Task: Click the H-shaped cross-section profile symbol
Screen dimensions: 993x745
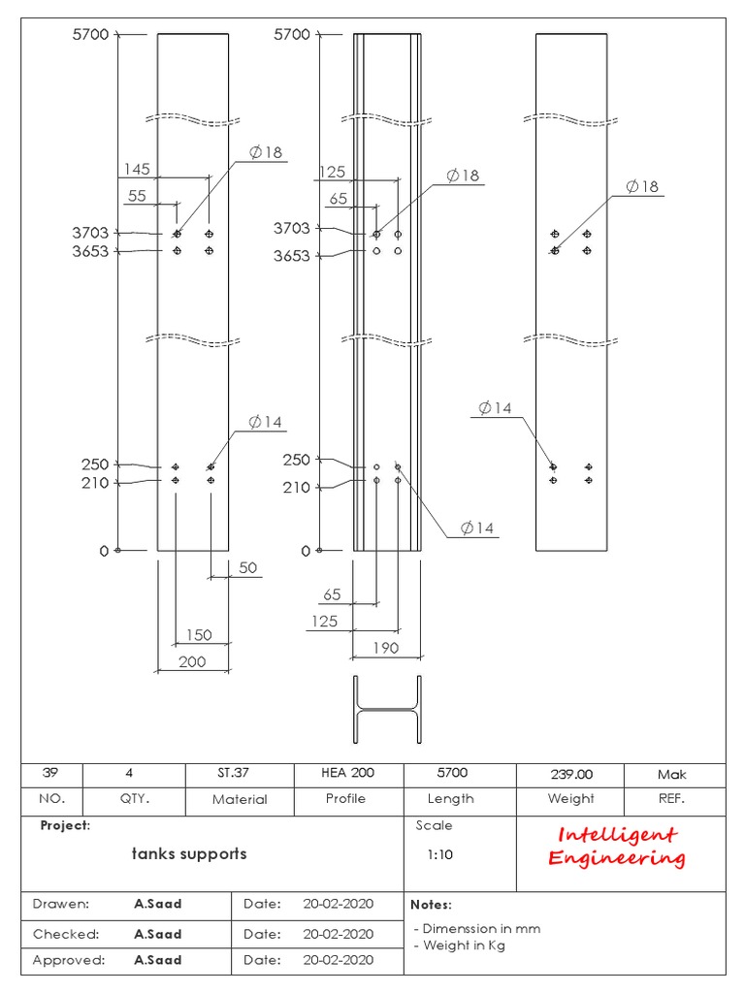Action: [387, 711]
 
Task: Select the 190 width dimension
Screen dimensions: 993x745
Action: [385, 648]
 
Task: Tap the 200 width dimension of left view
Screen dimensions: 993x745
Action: [193, 661]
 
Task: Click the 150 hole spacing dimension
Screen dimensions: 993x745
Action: [199, 635]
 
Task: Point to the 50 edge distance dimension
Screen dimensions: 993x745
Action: [248, 567]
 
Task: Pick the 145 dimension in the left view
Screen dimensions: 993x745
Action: [136, 170]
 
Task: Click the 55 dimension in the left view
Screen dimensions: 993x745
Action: [137, 196]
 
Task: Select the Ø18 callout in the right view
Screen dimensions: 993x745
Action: [643, 186]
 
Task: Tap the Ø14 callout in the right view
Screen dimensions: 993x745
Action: [495, 408]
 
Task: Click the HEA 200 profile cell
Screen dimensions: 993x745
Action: [347, 773]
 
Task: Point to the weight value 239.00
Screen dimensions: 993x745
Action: [571, 774]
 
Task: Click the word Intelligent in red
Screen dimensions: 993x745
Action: [617, 835]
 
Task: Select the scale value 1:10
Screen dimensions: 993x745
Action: [439, 855]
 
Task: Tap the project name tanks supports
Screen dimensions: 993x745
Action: [189, 853]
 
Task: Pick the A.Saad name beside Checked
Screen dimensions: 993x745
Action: [158, 934]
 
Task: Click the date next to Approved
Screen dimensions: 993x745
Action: [338, 960]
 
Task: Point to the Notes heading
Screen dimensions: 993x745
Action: [432, 904]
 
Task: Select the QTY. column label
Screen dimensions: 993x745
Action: [135, 799]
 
